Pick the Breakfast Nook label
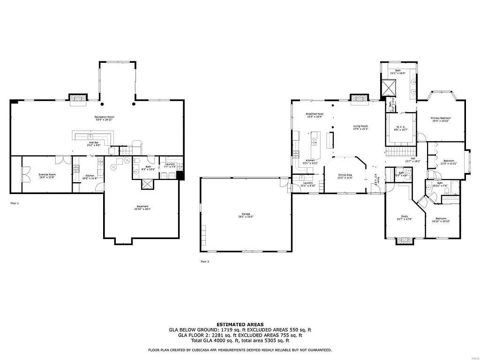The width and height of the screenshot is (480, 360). point(314,115)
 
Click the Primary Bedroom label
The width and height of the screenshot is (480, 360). point(441,119)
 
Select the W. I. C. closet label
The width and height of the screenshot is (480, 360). point(401,127)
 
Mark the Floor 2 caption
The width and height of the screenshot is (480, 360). point(204,261)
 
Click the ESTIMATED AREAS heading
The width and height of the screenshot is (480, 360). point(240,324)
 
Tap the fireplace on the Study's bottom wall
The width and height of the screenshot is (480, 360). point(405,241)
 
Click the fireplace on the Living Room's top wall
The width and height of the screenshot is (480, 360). point(360,98)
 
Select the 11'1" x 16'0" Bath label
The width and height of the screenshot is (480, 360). point(397,72)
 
